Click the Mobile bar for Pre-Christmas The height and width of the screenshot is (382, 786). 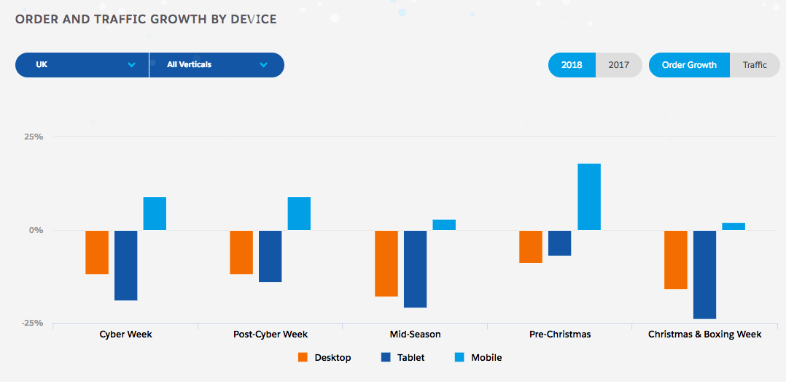[589, 196]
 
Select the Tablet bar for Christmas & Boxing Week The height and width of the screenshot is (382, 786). [704, 275]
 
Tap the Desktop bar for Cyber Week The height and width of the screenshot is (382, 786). [97, 252]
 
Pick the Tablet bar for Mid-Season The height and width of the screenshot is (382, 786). [416, 269]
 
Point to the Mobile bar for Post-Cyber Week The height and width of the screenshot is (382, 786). [299, 213]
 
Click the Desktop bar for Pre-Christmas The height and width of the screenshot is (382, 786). [531, 246]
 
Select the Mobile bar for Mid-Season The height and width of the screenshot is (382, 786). [444, 225]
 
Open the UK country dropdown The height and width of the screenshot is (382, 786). [82, 64]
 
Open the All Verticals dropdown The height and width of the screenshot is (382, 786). [217, 64]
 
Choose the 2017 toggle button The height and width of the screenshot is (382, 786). [619, 65]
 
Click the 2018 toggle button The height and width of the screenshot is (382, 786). [572, 65]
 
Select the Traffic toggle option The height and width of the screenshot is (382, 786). [755, 65]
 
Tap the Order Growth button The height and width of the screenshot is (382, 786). [689, 65]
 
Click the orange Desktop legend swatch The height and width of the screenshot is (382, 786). [303, 357]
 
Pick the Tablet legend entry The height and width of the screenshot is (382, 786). [402, 357]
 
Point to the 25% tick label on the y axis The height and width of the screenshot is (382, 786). [34, 137]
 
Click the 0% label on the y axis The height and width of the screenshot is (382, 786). [36, 230]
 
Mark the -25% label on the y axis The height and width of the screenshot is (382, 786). [32, 323]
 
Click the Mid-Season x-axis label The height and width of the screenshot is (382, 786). [415, 334]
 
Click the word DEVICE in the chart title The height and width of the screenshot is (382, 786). [251, 19]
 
